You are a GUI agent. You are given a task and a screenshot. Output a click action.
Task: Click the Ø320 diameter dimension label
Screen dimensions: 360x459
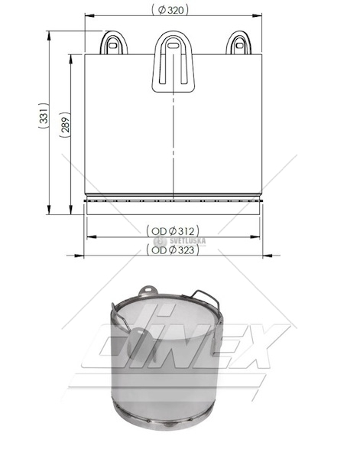pos(170,10)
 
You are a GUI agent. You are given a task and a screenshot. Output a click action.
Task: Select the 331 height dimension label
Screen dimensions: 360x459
pos(44,116)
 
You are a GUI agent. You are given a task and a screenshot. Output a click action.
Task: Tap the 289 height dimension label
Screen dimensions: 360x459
pos(65,125)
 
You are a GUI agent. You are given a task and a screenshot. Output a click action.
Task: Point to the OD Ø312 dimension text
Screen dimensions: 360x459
pos(173,231)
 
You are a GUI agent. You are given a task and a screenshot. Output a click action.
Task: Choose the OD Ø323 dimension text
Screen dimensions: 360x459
pos(173,249)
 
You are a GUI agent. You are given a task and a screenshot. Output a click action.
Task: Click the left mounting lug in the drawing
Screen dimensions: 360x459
pos(114,43)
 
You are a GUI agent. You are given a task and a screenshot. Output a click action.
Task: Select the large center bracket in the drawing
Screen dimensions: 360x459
pos(174,62)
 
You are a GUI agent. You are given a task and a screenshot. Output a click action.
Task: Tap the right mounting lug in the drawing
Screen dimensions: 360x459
pos(238,43)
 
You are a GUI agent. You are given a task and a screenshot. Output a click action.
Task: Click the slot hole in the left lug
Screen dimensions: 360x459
pos(113,45)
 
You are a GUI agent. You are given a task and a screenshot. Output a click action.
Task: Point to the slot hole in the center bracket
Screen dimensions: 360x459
pos(174,45)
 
